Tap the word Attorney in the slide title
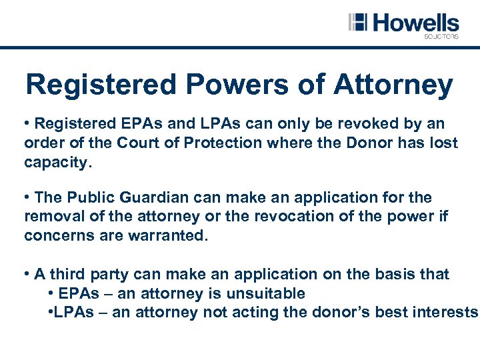pyautogui.click(x=393, y=85)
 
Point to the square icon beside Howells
pyautogui.click(x=358, y=22)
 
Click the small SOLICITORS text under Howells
pyautogui.click(x=441, y=37)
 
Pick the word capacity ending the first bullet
pyautogui.click(x=55, y=163)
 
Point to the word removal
pyautogui.click(x=53, y=217)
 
